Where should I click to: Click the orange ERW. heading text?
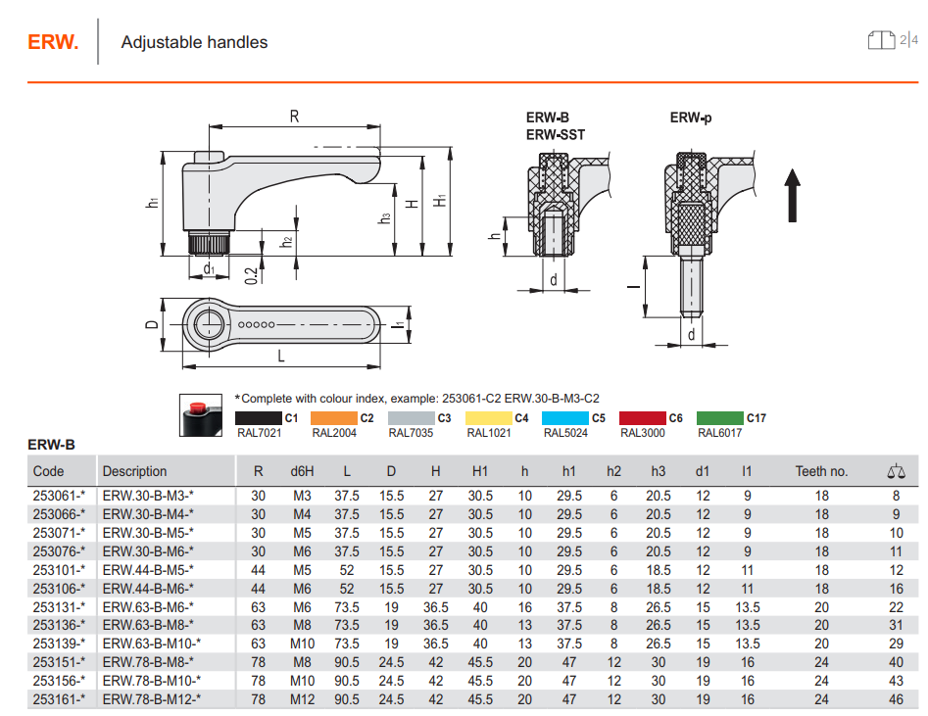(x=53, y=42)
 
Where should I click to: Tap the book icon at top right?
(x=881, y=40)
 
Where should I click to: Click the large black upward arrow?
(x=793, y=196)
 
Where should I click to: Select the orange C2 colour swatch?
(x=334, y=418)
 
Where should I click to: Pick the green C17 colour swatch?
(x=719, y=418)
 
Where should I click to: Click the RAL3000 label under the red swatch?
(x=643, y=433)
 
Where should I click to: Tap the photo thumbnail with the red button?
(x=201, y=415)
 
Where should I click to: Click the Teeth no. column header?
(x=821, y=471)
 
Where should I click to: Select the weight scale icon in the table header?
(x=896, y=471)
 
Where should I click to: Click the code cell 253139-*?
(x=59, y=644)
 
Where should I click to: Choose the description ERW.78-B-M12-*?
(x=152, y=699)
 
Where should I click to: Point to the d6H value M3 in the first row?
(x=302, y=496)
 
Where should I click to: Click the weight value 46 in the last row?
(x=896, y=699)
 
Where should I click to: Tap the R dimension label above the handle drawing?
(x=294, y=117)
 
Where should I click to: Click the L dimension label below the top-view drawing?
(x=281, y=357)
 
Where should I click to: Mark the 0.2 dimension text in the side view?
(x=252, y=275)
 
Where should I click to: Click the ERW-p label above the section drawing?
(x=691, y=118)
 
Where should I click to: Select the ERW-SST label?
(x=556, y=135)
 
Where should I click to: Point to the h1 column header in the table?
(x=568, y=471)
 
